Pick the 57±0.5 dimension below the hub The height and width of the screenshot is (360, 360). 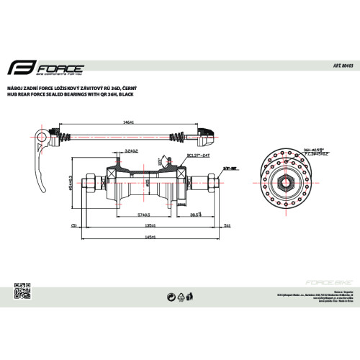point(143,215)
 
